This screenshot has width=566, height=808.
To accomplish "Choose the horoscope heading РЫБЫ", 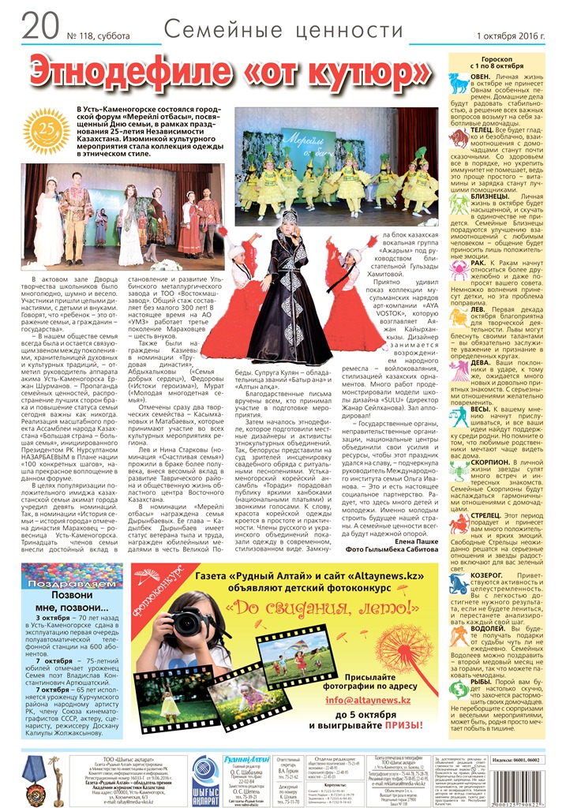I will (485, 682).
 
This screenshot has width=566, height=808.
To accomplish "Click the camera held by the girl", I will (189, 621).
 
